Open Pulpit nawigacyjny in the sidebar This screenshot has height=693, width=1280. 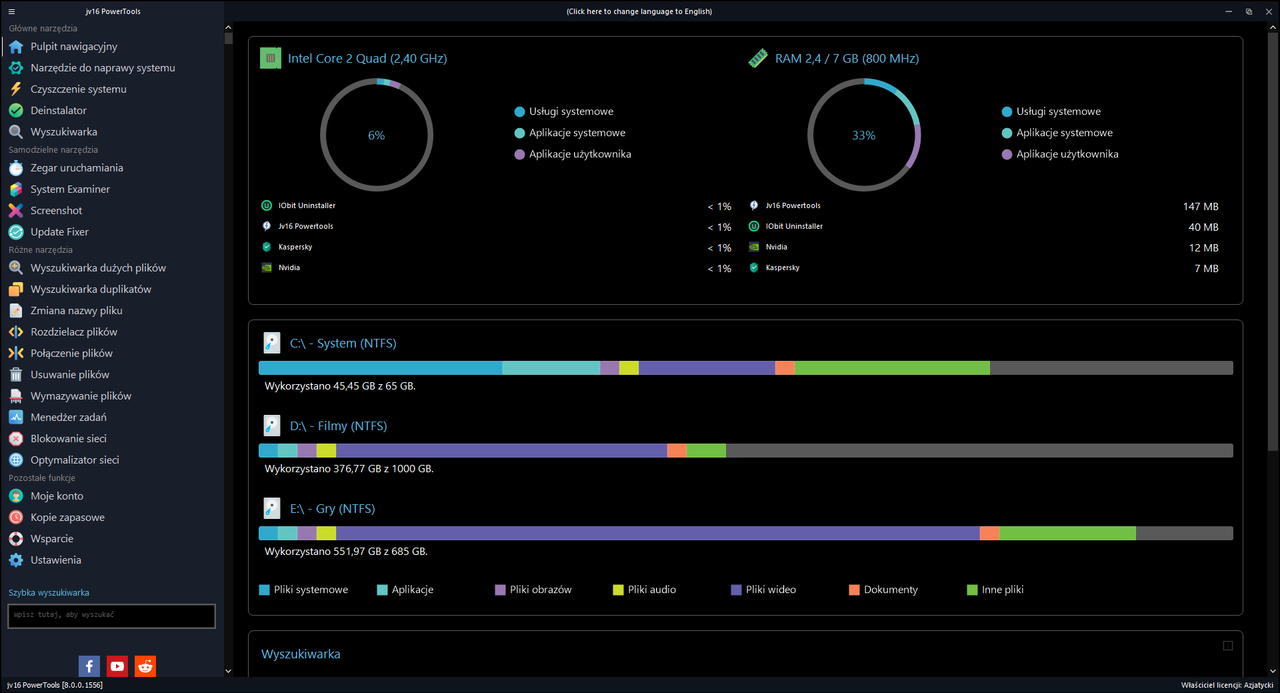73,47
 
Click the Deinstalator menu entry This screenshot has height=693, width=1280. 58,111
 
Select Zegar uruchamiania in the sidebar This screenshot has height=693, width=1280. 76,168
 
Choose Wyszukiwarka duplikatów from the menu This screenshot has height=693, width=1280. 90,289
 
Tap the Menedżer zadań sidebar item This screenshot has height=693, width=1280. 68,418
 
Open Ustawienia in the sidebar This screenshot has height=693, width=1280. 55,560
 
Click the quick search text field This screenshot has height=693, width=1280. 111,616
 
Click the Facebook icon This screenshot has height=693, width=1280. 89,666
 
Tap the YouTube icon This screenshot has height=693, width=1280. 117,666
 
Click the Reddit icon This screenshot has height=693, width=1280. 145,666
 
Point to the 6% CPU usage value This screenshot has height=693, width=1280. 377,135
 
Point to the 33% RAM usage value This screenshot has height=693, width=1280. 864,135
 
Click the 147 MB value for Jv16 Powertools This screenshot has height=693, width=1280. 1201,207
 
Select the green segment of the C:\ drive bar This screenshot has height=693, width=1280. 892,368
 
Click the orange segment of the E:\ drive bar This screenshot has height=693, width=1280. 989,534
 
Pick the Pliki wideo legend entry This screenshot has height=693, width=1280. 763,590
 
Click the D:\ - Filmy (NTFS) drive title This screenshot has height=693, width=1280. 338,426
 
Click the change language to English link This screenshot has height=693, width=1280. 639,11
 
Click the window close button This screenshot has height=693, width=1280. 1269,11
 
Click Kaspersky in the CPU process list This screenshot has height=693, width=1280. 295,247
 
